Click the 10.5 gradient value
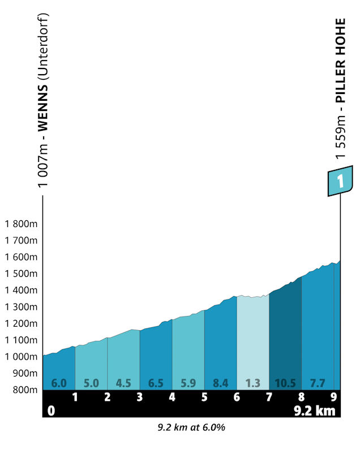click(285, 383)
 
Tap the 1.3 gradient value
click(253, 383)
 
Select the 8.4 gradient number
click(221, 383)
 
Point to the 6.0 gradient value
click(59, 383)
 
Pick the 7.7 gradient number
click(318, 383)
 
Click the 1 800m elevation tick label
click(21, 224)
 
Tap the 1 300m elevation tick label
click(21, 307)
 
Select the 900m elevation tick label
click(24, 373)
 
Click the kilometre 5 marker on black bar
click(204, 397)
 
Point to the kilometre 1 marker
click(75, 397)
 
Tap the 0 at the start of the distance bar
click(51, 411)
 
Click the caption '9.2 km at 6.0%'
click(191, 428)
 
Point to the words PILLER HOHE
click(340, 60)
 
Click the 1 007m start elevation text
click(42, 168)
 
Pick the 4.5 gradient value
click(123, 383)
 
